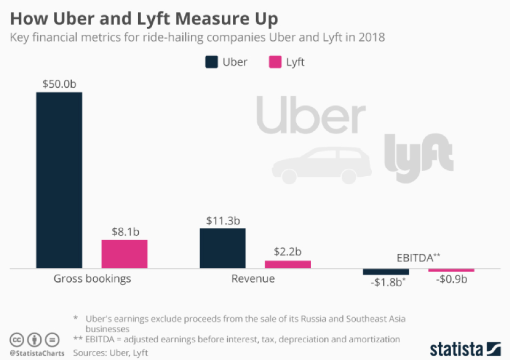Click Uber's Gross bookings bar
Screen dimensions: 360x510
point(59,179)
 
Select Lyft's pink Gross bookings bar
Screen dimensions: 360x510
point(124,253)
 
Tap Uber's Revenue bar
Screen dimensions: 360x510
point(222,248)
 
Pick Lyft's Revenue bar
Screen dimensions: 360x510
point(288,264)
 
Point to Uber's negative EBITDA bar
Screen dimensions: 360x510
point(386,272)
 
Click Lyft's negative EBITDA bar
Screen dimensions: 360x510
point(451,270)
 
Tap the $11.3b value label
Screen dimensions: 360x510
point(222,221)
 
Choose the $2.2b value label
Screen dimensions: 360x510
point(288,252)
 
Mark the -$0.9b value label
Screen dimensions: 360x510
point(451,280)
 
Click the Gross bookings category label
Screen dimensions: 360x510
point(92,279)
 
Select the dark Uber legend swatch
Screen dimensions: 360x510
point(212,62)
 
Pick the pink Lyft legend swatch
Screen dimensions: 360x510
point(274,62)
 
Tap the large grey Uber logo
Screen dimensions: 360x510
point(311,115)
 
